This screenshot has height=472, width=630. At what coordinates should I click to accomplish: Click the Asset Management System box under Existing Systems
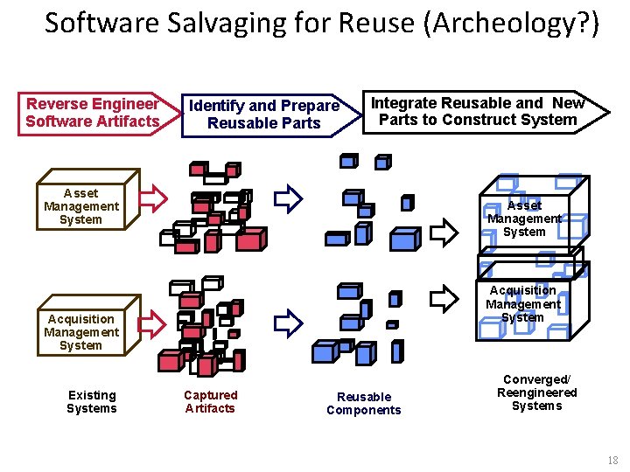coord(80,206)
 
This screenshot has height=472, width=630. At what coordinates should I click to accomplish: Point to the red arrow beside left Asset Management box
coord(154,199)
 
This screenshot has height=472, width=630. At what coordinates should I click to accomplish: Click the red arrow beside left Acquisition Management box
coord(152,323)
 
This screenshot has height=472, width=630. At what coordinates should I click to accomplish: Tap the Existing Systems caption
coord(92,402)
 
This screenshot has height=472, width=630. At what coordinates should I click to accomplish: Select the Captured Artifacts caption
coord(210,402)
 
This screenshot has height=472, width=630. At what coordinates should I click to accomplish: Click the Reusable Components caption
coord(364,404)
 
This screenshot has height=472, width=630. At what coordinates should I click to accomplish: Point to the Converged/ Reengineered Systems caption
coord(536,392)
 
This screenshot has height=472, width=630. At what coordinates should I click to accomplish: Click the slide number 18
coord(612,460)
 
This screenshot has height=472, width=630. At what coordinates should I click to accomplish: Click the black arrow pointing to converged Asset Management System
coord(445,233)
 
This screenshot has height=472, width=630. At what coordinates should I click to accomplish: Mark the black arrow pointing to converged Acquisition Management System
coord(444,298)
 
